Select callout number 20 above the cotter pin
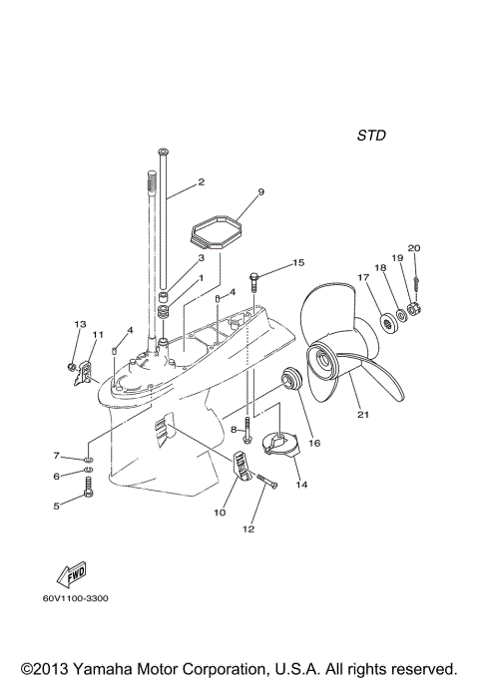[414, 248]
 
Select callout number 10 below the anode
[219, 513]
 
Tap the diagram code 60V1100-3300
[77, 598]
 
